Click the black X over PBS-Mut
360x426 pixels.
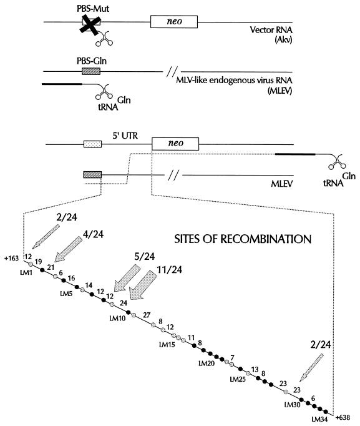pyautogui.click(x=90, y=25)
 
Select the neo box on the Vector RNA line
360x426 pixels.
pyautogui.click(x=174, y=22)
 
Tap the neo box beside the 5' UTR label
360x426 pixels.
pyautogui.click(x=175, y=144)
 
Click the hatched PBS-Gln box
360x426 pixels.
pyautogui.click(x=91, y=71)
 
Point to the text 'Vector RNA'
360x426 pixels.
pyautogui.click(x=271, y=29)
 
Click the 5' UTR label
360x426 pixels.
pyautogui.click(x=125, y=136)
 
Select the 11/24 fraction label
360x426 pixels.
pyautogui.click(x=169, y=269)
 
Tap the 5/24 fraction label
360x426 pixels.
pyautogui.click(x=145, y=256)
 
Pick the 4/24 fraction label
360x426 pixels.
pyautogui.click(x=94, y=234)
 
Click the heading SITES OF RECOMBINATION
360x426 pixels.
pyautogui.click(x=243, y=239)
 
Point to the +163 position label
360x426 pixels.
pyautogui.click(x=12, y=258)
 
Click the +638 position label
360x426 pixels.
pyautogui.click(x=343, y=417)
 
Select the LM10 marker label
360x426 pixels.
pyautogui.click(x=117, y=318)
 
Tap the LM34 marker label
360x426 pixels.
pyautogui.click(x=319, y=420)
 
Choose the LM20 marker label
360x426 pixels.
pyautogui.click(x=207, y=364)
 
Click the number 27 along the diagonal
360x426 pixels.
pyautogui.click(x=147, y=315)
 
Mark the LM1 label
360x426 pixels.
pyautogui.click(x=26, y=272)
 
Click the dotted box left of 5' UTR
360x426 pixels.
pyautogui.click(x=92, y=144)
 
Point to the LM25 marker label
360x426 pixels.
pyautogui.click(x=238, y=379)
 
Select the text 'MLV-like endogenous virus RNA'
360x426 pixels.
pyautogui.click(x=234, y=81)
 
